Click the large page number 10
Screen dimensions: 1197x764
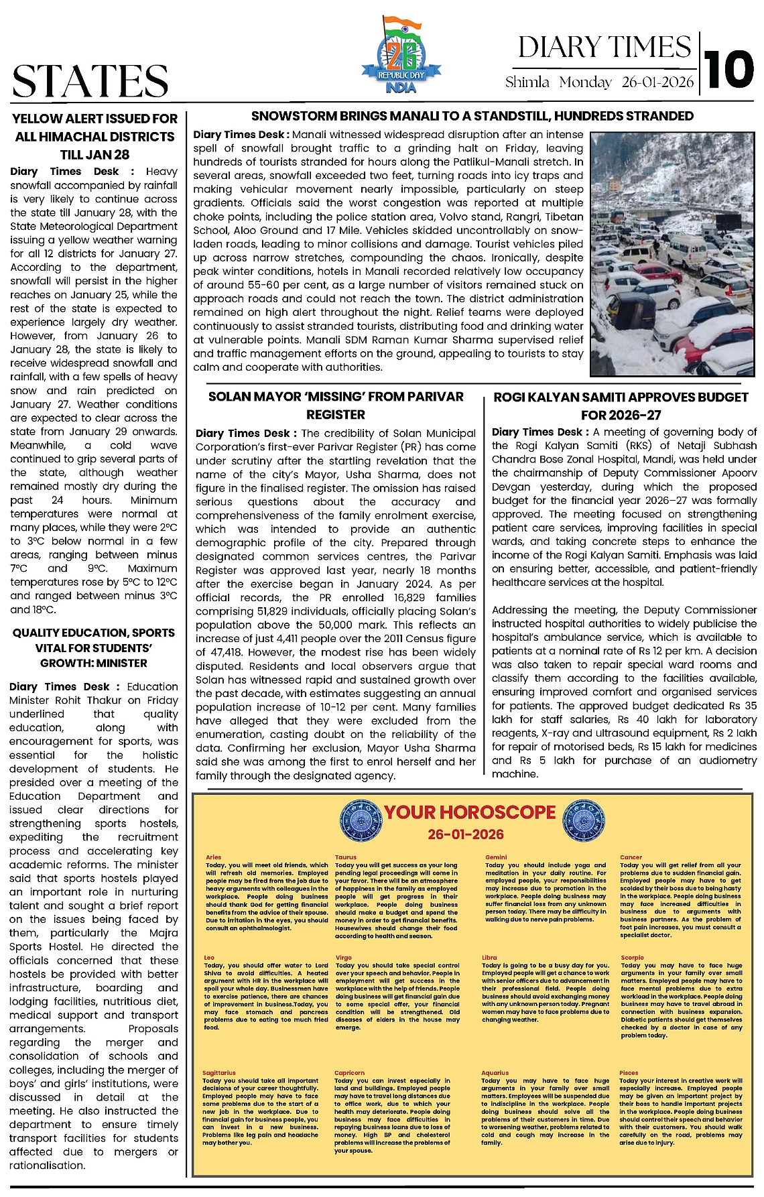click(x=730, y=70)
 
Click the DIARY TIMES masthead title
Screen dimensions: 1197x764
click(x=604, y=47)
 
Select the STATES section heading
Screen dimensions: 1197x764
click(x=90, y=81)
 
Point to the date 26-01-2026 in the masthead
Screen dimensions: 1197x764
click(x=658, y=82)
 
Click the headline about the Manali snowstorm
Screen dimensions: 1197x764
click(x=472, y=116)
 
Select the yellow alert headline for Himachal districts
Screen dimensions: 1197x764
click(x=94, y=136)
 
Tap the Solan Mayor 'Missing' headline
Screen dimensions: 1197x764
click(x=336, y=405)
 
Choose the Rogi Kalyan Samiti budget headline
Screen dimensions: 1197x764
click(x=621, y=405)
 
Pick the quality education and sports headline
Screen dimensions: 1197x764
click(x=94, y=647)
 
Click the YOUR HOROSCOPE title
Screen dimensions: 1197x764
click(x=470, y=812)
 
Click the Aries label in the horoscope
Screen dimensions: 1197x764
click(x=213, y=857)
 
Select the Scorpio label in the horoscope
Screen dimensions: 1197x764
click(x=632, y=958)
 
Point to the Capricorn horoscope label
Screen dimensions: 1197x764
click(x=349, y=1073)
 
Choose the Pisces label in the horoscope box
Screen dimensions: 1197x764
click(x=629, y=1073)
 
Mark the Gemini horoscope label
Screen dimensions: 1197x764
click(x=496, y=857)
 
